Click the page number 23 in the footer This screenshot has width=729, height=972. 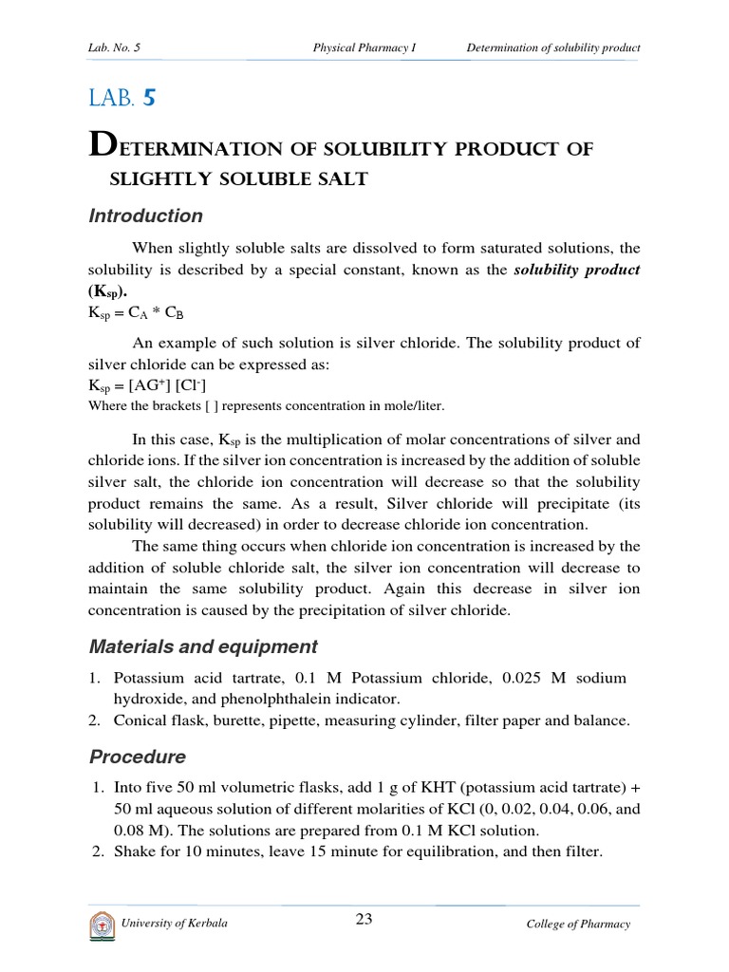pos(363,918)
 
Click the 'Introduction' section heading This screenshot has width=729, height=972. pos(145,216)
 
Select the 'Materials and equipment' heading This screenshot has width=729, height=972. pos(203,646)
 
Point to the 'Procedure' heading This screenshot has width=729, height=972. pos(138,757)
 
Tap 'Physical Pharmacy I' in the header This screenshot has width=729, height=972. pos(364,47)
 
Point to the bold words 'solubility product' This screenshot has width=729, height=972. pos(577,271)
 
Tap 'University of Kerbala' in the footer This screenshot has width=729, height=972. pos(175,924)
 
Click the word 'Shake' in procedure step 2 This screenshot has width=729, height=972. pos(132,851)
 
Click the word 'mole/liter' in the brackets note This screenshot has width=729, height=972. pos(412,405)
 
